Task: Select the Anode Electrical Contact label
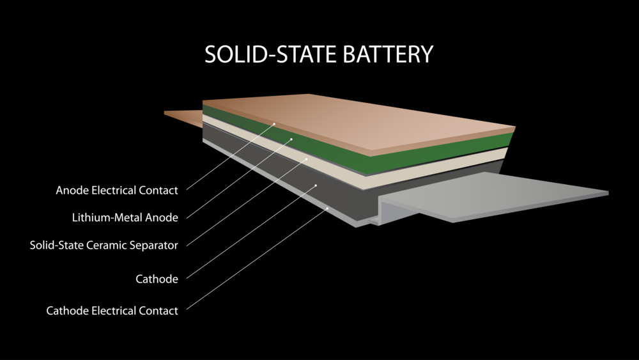tap(116, 190)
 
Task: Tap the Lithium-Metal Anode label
tap(125, 217)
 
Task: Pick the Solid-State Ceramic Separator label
tap(104, 245)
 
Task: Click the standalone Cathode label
tap(157, 279)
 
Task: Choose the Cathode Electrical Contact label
tap(112, 311)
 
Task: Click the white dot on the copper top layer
tap(275, 123)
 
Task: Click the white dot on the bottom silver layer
tap(327, 208)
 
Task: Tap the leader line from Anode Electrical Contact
tap(230, 157)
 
